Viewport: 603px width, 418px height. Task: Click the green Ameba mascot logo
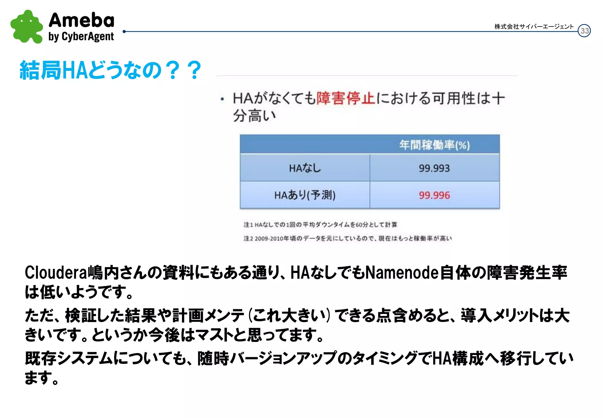26,27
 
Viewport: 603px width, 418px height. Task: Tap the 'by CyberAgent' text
81,37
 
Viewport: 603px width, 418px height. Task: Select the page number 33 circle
584,31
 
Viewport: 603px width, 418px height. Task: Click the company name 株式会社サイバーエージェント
534,27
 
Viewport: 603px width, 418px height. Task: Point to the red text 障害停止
346,98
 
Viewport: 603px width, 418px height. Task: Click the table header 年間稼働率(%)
434,145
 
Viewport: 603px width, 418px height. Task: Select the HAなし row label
305,168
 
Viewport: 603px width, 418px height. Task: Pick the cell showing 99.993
434,168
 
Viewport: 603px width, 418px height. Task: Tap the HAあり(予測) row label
305,195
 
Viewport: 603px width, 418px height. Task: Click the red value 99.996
434,195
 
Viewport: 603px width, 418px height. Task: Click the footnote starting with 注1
320,225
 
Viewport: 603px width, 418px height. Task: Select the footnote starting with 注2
347,238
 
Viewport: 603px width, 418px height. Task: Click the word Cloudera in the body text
56,272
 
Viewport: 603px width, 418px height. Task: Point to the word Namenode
402,272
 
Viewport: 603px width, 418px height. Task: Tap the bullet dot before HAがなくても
222,99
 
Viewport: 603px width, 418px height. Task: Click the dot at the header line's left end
124,31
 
